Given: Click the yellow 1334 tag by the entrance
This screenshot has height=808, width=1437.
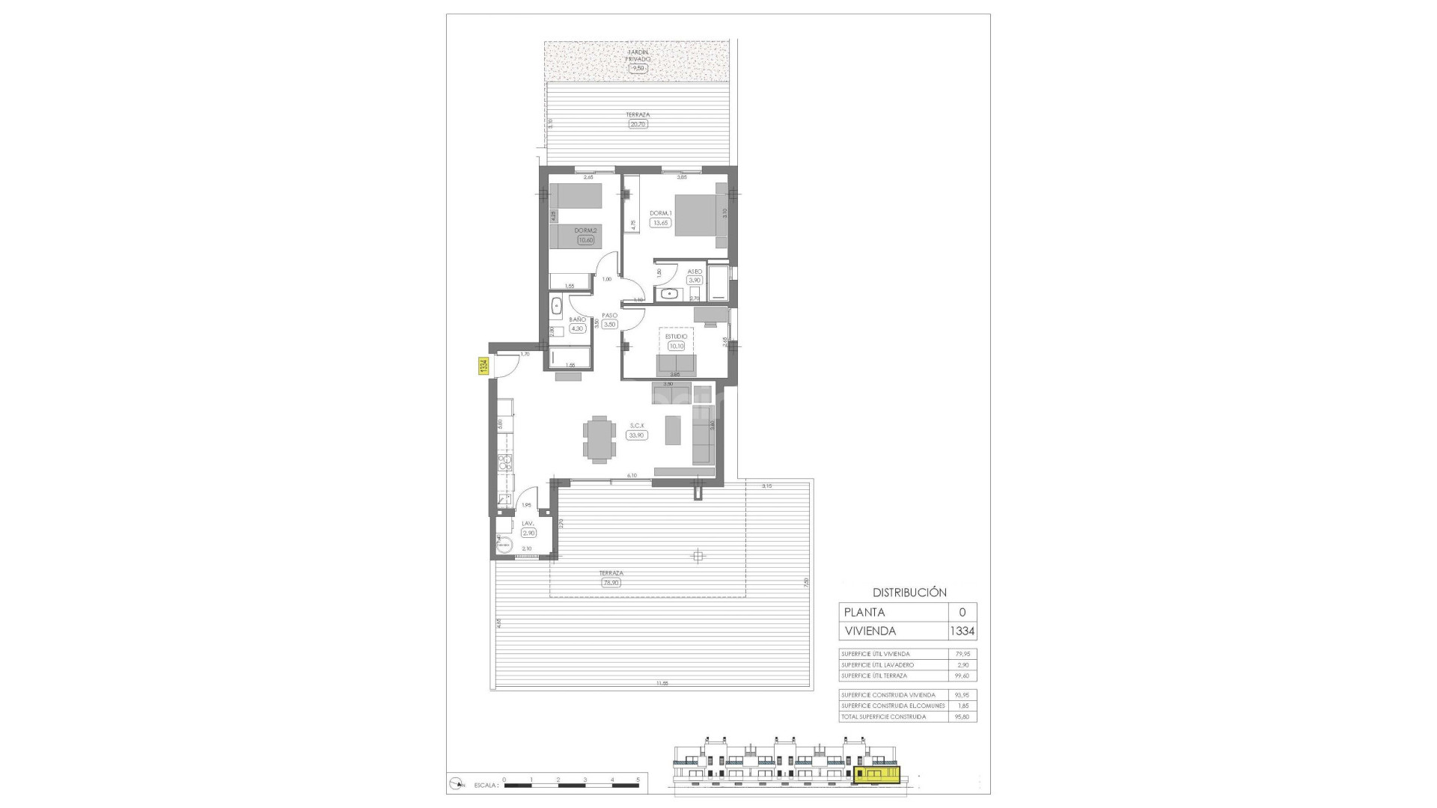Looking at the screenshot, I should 483,367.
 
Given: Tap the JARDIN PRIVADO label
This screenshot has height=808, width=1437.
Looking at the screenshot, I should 638,55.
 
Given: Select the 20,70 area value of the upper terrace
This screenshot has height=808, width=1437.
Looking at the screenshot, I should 638,124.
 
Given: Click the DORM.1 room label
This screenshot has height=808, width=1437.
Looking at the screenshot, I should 660,213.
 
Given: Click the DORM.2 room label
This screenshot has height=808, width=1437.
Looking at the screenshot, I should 585,230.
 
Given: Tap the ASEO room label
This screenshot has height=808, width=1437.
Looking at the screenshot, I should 695,272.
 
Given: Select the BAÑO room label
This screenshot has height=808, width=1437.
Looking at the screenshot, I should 577,319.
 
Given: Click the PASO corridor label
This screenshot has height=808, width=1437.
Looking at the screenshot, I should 609,316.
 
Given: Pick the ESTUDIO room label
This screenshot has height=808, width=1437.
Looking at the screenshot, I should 677,337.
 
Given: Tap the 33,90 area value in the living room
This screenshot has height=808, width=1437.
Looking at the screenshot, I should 637,435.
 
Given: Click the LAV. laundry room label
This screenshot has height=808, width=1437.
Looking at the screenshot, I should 528,524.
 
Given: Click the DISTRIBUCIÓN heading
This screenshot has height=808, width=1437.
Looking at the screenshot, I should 909,592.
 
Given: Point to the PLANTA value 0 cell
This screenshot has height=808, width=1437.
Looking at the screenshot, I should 962,612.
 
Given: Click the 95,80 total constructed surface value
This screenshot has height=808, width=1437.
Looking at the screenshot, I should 962,717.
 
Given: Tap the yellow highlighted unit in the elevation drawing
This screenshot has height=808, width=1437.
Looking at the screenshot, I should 877,774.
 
